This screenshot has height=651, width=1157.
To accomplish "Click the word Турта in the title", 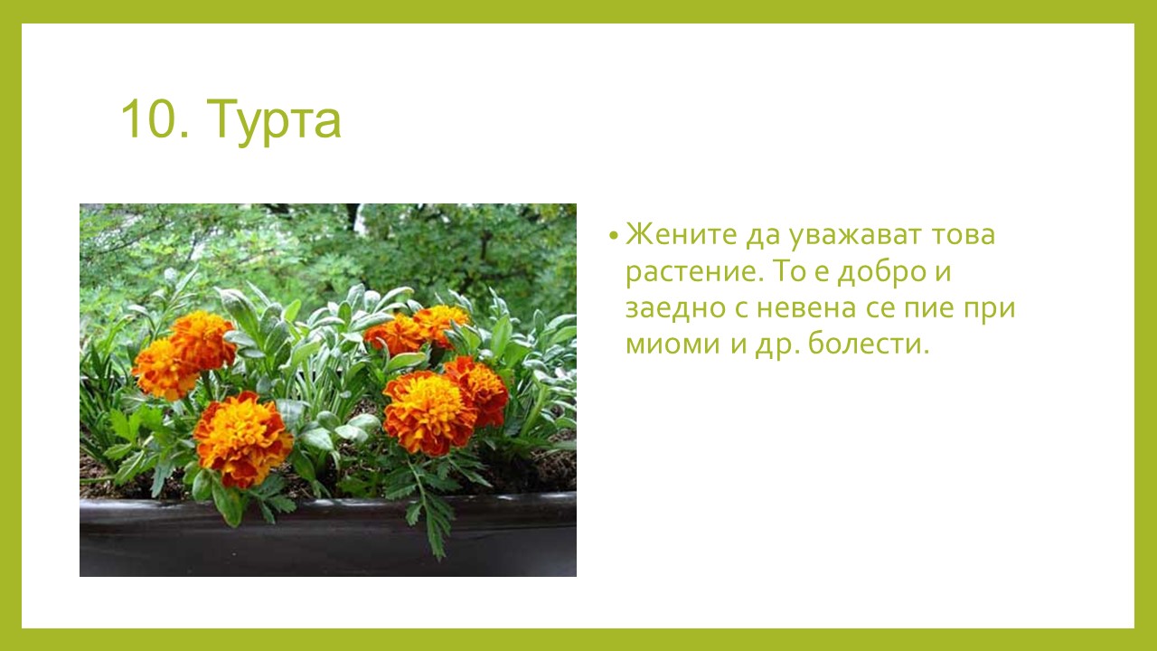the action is pyautogui.click(x=274, y=121).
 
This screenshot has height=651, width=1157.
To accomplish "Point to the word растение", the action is pyautogui.click(x=694, y=273).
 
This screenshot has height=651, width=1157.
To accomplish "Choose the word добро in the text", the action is pyautogui.click(x=881, y=272).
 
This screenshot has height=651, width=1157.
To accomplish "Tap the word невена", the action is pyautogui.click(x=807, y=309).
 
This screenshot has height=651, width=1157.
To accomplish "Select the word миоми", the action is pyautogui.click(x=673, y=344).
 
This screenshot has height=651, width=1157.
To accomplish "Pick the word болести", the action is pyautogui.click(x=869, y=342).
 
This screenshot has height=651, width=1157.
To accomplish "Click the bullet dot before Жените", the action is pyautogui.click(x=613, y=236).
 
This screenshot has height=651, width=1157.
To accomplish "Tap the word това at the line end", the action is pyautogui.click(x=964, y=235).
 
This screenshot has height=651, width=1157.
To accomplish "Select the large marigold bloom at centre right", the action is pyautogui.click(x=429, y=413).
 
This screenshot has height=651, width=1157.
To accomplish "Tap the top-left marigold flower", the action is pyautogui.click(x=202, y=340).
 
